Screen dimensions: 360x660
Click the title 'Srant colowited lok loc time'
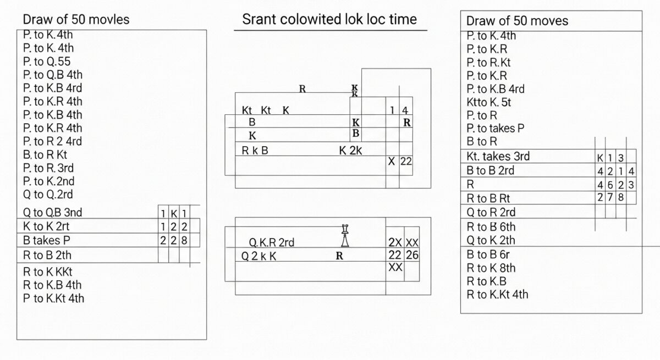click(329, 19)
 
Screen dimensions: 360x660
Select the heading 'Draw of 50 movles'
click(76, 19)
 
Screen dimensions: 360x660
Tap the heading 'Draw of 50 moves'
click(517, 21)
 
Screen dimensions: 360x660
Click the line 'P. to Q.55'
click(47, 62)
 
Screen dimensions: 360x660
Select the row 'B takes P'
click(47, 240)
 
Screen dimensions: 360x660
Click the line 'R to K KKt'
click(48, 272)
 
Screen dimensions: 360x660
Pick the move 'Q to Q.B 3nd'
click(53, 212)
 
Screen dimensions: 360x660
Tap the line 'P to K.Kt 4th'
click(53, 298)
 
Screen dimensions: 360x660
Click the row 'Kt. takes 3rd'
click(498, 156)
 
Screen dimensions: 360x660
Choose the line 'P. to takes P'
click(495, 129)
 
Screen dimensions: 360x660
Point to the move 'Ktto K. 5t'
click(489, 102)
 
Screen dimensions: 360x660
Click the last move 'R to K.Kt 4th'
click(497, 294)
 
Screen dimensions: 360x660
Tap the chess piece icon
click(345, 236)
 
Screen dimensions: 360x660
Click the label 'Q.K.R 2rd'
click(272, 242)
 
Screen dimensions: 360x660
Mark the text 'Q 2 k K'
click(259, 256)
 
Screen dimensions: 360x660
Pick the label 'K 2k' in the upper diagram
click(350, 150)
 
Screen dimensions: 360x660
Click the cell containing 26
click(412, 254)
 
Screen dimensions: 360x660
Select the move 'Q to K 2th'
click(491, 240)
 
